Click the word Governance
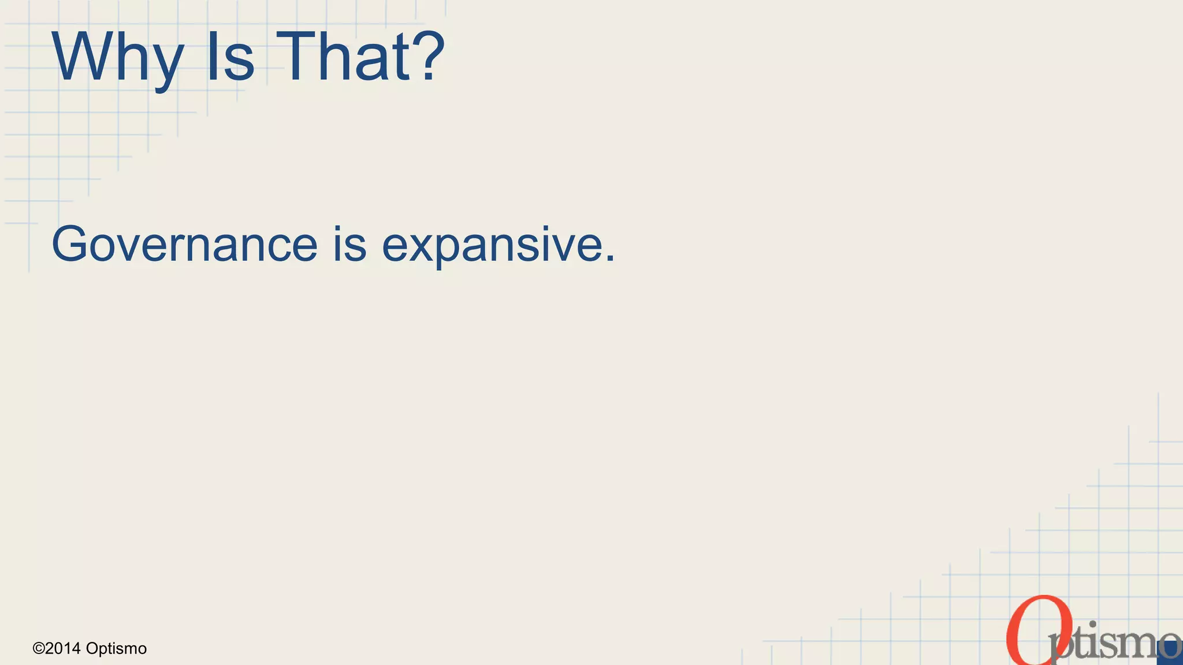184,245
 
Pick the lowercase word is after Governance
349,245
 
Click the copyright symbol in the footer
39,649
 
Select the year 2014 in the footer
63,649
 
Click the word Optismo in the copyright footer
116,649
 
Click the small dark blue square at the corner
1171,651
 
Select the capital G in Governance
72,245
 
